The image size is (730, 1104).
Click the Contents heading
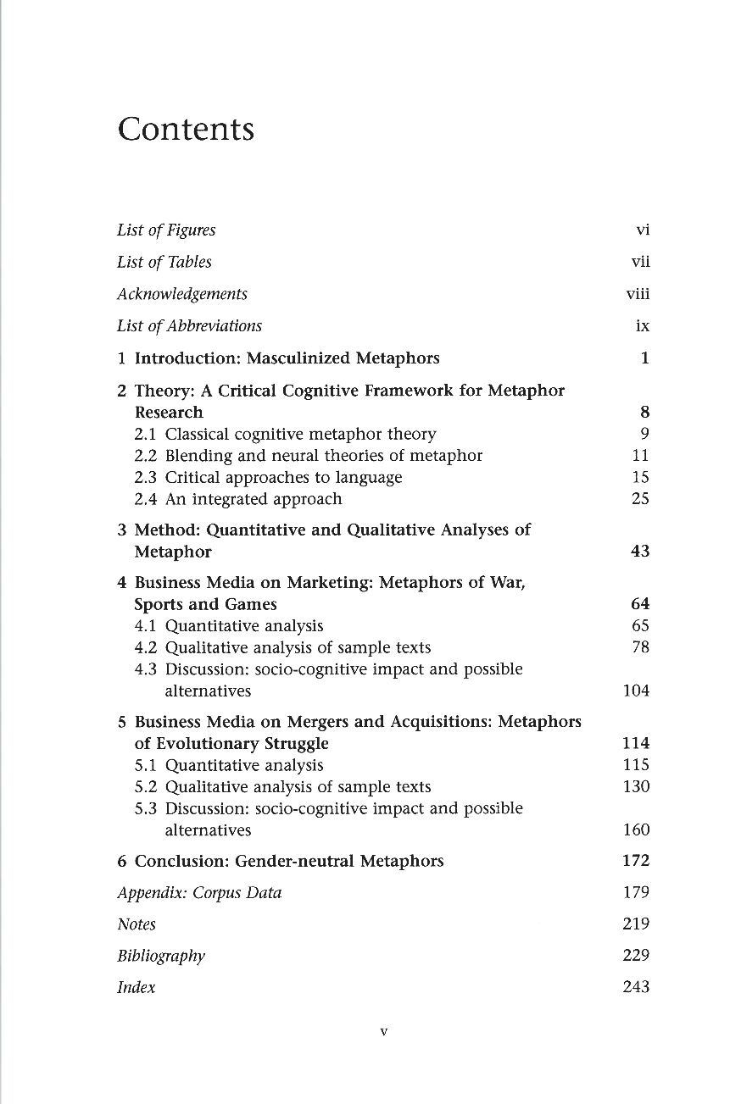186,130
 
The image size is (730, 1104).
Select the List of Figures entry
166,230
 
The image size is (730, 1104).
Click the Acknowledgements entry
182,294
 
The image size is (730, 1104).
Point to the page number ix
643,326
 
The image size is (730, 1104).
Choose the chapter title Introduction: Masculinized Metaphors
287,358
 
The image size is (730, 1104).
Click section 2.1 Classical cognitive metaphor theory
285,435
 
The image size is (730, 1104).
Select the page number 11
641,456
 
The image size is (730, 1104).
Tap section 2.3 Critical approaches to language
268,478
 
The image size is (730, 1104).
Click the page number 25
640,499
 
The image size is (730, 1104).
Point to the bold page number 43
640,552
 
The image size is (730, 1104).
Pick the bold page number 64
640,604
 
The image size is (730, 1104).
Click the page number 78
640,648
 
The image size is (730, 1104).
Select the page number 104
636,691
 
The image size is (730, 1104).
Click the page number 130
636,787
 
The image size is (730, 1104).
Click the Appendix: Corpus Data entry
199,893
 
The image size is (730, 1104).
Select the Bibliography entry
161,957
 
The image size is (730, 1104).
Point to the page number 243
636,987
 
